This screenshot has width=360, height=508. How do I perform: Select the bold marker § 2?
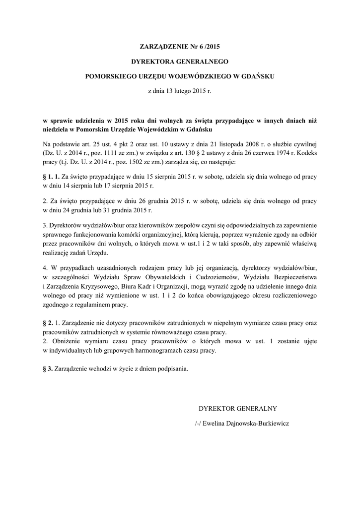tap(48, 322)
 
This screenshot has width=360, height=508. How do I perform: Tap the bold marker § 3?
tap(48, 369)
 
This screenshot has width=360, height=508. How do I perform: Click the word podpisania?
tap(173, 369)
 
